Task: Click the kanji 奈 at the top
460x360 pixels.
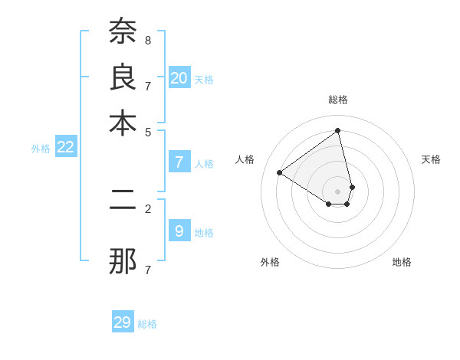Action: [x=123, y=31]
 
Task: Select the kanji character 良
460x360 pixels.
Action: [x=123, y=78]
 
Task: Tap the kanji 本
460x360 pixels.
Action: [x=123, y=123]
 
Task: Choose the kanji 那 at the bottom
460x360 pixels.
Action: [x=123, y=261]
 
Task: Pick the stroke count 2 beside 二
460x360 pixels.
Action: [x=148, y=208]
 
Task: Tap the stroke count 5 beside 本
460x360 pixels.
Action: [x=148, y=131]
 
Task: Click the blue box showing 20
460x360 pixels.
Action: [x=179, y=78]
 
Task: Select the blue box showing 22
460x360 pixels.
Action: [x=65, y=148]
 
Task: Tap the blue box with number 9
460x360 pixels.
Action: [x=179, y=231]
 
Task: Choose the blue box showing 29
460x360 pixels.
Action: [x=123, y=322]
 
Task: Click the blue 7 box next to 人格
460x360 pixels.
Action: [x=179, y=162]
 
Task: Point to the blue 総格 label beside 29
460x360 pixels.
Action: [x=147, y=324]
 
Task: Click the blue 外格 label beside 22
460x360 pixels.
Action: [x=41, y=149]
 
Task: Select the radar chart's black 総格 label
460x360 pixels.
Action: [x=338, y=100]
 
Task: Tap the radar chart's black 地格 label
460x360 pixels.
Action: [x=402, y=262]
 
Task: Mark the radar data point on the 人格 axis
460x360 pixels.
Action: [x=280, y=172]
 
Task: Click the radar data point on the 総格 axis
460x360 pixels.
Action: [x=338, y=130]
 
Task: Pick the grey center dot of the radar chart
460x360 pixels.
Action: [x=338, y=191]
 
